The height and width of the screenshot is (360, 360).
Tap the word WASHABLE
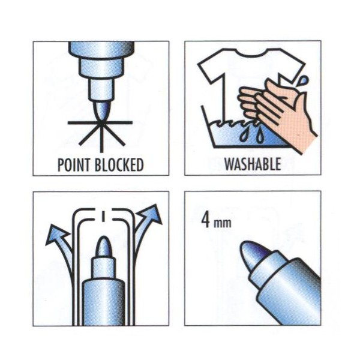tap(253, 164)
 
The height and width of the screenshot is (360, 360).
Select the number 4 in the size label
tap(206, 220)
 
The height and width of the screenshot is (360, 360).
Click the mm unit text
tap(222, 223)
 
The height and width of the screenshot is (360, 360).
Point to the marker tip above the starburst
tap(102, 111)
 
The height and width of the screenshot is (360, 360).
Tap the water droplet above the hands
tap(304, 80)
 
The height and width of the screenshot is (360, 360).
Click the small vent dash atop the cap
tap(104, 215)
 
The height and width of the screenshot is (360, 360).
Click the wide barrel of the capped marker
tap(104, 302)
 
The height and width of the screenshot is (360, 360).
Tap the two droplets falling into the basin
tap(251, 135)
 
